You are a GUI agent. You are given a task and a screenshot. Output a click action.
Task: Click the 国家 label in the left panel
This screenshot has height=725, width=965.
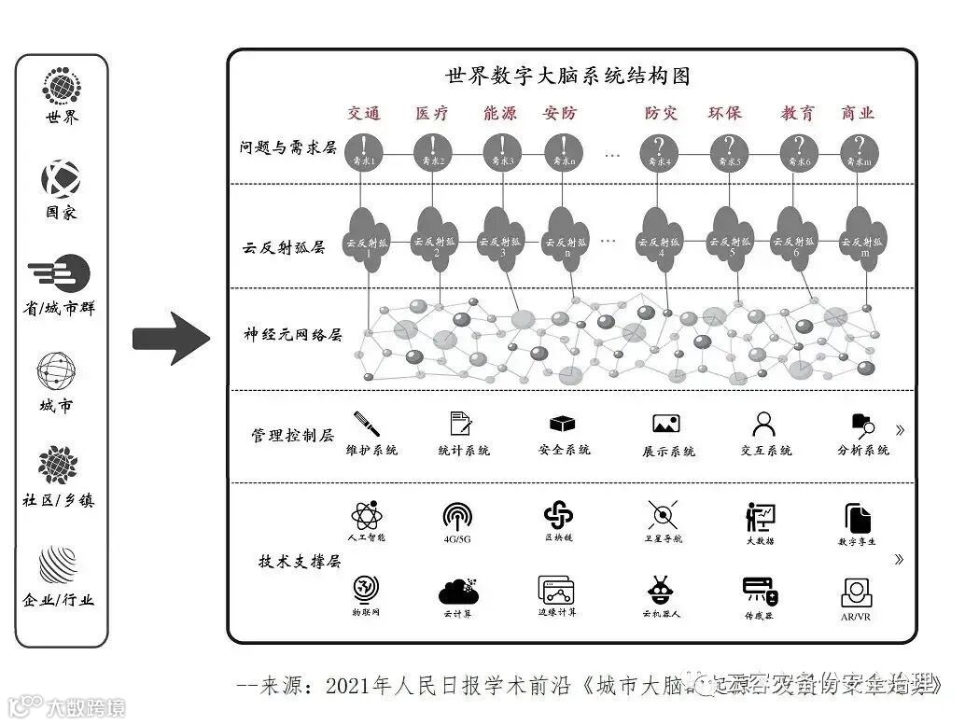tap(62, 213)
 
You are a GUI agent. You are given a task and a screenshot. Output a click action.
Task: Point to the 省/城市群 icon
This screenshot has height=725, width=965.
tap(61, 273)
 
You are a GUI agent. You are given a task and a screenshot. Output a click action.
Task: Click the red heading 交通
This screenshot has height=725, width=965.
tap(364, 114)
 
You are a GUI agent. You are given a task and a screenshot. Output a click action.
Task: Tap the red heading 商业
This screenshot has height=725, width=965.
tap(858, 114)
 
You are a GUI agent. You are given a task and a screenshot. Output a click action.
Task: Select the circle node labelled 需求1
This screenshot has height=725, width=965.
tap(363, 151)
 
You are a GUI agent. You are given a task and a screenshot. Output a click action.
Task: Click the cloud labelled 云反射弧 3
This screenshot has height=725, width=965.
tap(503, 239)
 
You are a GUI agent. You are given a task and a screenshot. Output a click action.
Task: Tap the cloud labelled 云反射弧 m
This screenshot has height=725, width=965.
tap(864, 239)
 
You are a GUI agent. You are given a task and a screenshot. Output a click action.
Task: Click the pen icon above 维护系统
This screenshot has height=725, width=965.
tap(367, 424)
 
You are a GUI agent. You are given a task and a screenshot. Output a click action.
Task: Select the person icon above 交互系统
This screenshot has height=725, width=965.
tap(764, 425)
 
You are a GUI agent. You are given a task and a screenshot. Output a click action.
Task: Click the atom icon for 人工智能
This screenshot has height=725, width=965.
tap(365, 515)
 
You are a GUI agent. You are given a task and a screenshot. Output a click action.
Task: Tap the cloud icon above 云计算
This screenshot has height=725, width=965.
tap(458, 592)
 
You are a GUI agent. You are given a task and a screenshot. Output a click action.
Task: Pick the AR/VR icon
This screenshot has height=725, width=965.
tap(856, 593)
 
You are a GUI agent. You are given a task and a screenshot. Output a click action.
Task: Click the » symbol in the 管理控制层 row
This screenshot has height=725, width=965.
tap(900, 430)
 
